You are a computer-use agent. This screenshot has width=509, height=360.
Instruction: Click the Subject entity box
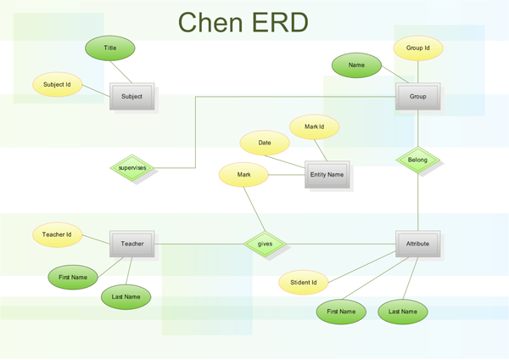[x=131, y=96]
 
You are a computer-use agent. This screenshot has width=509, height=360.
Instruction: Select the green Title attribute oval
[x=110, y=48]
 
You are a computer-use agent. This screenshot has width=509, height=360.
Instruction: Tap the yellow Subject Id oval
[x=57, y=85]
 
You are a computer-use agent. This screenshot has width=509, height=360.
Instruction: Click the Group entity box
[x=417, y=96]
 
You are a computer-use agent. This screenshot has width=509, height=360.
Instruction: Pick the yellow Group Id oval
[x=418, y=48]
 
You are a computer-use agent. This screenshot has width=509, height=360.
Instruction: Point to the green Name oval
[x=356, y=65]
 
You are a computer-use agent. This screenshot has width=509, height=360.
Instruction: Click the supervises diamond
[x=132, y=168]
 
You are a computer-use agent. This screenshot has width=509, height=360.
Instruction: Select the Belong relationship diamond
[x=417, y=160]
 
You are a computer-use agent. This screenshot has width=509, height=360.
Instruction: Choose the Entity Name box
[x=327, y=174]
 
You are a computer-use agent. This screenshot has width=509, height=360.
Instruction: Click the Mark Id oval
[x=315, y=127]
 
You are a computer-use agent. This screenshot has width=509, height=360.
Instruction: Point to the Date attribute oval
[x=266, y=143]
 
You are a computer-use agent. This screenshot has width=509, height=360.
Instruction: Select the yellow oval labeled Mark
[x=243, y=175]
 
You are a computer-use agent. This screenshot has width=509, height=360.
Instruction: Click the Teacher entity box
[x=131, y=244]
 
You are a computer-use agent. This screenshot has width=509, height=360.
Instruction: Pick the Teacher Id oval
[x=57, y=234]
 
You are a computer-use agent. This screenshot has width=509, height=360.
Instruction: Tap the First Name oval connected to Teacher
[x=73, y=277]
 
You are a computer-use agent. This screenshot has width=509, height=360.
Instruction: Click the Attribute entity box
[x=417, y=244]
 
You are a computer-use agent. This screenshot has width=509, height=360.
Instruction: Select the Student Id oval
[x=304, y=283]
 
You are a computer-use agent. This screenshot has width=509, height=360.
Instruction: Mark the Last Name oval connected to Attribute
[x=403, y=312]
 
